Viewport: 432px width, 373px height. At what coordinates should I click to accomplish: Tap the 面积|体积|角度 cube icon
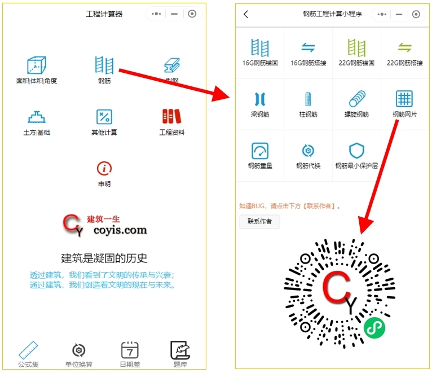[37, 65]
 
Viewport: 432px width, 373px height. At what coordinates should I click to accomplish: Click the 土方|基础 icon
[37, 117]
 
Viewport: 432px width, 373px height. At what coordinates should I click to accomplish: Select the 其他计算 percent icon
[104, 117]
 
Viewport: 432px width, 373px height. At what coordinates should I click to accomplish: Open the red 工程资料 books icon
[171, 117]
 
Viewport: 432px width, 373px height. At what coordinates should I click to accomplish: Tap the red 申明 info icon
[104, 168]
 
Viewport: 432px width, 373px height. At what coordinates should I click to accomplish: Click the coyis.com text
[117, 230]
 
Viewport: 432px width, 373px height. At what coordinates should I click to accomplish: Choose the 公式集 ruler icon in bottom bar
[28, 350]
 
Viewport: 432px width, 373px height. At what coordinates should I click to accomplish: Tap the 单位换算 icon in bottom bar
[78, 350]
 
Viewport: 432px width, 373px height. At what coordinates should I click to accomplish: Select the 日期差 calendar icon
[130, 350]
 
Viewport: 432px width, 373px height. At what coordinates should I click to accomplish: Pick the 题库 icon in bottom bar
[180, 350]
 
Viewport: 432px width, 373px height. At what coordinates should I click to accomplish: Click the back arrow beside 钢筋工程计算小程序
[246, 14]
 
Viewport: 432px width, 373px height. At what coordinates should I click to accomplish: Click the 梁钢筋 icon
[260, 99]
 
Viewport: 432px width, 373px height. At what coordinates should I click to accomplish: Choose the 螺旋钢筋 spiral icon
[356, 99]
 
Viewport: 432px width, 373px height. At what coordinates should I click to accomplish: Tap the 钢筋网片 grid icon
[405, 99]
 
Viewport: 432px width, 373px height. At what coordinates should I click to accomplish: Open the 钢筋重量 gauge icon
[260, 151]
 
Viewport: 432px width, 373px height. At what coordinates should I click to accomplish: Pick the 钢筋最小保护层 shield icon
[356, 151]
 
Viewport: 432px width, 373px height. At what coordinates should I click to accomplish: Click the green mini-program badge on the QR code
[374, 327]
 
